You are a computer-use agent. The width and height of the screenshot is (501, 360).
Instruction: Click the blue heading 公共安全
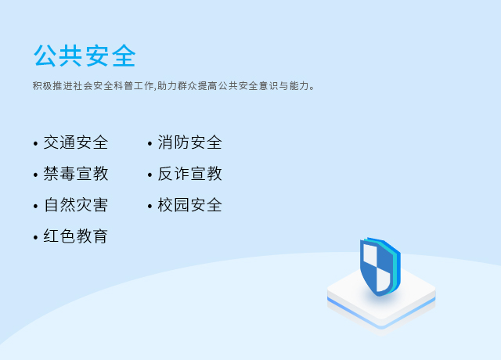(85, 56)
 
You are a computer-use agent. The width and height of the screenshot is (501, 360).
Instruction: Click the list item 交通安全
(76, 142)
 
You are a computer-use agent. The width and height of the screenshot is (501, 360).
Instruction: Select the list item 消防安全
(189, 142)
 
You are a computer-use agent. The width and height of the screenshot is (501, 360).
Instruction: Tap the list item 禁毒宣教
(76, 174)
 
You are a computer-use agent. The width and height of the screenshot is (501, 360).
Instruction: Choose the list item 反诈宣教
(189, 174)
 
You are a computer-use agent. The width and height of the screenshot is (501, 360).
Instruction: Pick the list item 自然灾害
(76, 205)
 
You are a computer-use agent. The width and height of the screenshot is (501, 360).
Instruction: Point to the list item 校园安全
(189, 205)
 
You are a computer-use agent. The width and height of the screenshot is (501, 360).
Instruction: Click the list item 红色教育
(76, 236)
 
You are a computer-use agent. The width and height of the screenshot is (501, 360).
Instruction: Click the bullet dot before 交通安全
(35, 144)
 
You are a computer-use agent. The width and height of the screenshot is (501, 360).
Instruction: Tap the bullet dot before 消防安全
(150, 144)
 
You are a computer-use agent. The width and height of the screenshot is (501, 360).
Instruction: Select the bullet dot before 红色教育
(35, 238)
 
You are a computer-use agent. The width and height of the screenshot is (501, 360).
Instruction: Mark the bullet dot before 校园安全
(150, 207)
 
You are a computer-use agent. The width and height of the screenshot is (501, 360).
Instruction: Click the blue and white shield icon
(380, 267)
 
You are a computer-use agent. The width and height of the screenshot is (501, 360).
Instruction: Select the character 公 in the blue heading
(45, 56)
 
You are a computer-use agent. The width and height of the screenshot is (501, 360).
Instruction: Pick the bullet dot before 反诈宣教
(150, 175)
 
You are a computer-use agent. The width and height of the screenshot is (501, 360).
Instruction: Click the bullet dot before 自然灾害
(35, 207)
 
